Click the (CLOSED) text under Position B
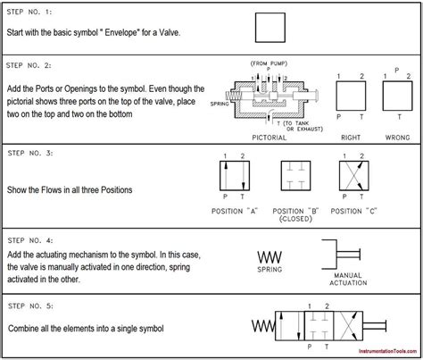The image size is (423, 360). tap(294, 217)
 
